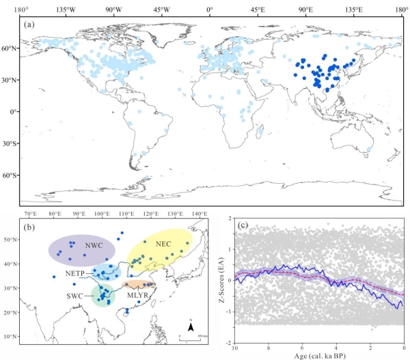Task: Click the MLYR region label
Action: click(x=137, y=294)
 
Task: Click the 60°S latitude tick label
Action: click(x=10, y=176)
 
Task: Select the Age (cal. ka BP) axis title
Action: click(x=318, y=354)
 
